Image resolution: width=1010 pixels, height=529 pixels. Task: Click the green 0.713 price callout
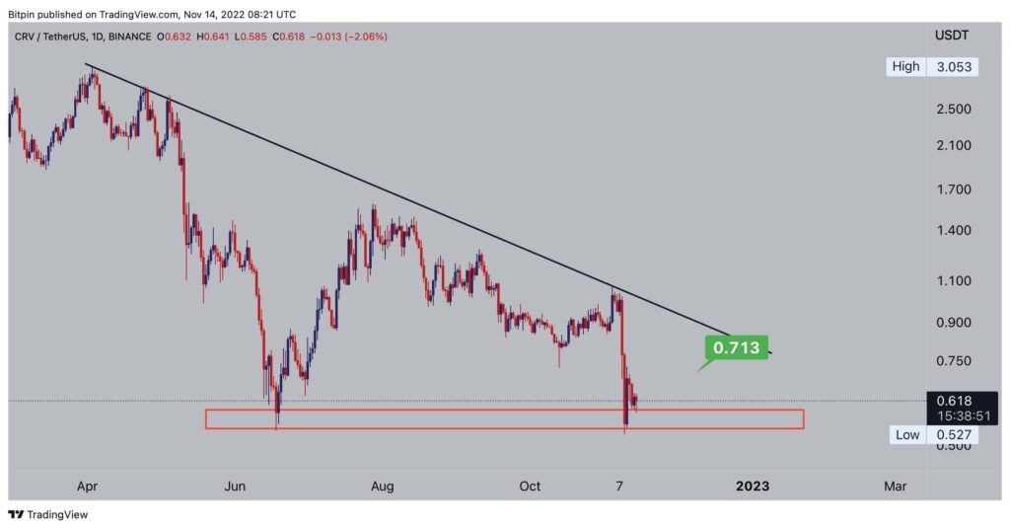click(736, 347)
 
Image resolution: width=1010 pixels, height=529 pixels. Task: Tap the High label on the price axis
click(904, 66)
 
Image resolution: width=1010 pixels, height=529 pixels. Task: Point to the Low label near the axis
click(906, 434)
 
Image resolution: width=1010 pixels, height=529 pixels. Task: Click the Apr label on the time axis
click(87, 486)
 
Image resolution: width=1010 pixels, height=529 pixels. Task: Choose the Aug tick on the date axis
click(383, 486)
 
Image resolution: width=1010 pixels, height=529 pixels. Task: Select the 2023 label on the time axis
click(752, 486)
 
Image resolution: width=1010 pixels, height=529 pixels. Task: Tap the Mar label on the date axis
click(895, 486)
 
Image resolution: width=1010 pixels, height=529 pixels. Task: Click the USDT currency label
click(953, 37)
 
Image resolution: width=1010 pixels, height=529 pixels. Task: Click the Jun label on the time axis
click(235, 486)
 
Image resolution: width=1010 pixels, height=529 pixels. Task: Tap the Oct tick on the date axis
click(531, 486)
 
